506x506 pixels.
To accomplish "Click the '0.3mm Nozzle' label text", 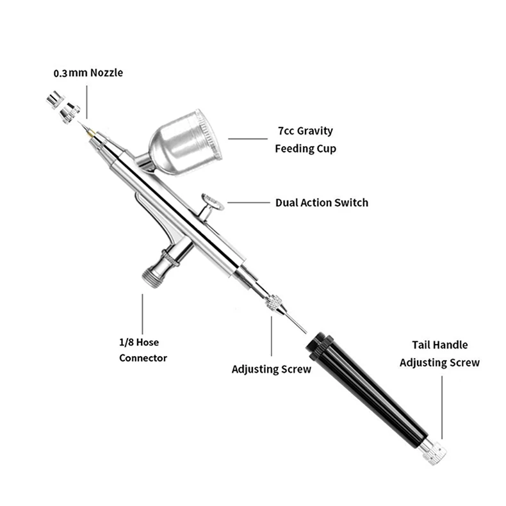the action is [x=88, y=73].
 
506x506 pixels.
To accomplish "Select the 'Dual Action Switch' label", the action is [x=322, y=202].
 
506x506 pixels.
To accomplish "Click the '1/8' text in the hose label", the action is [x=127, y=343].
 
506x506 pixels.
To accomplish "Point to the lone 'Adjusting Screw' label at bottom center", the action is [x=272, y=369].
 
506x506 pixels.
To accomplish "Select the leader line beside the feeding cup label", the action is [x=247, y=138].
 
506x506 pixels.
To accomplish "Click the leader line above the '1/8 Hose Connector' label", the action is [x=142, y=314].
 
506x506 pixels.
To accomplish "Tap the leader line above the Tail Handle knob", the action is [x=442, y=404].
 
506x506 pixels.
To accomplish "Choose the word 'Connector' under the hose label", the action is [x=143, y=358].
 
